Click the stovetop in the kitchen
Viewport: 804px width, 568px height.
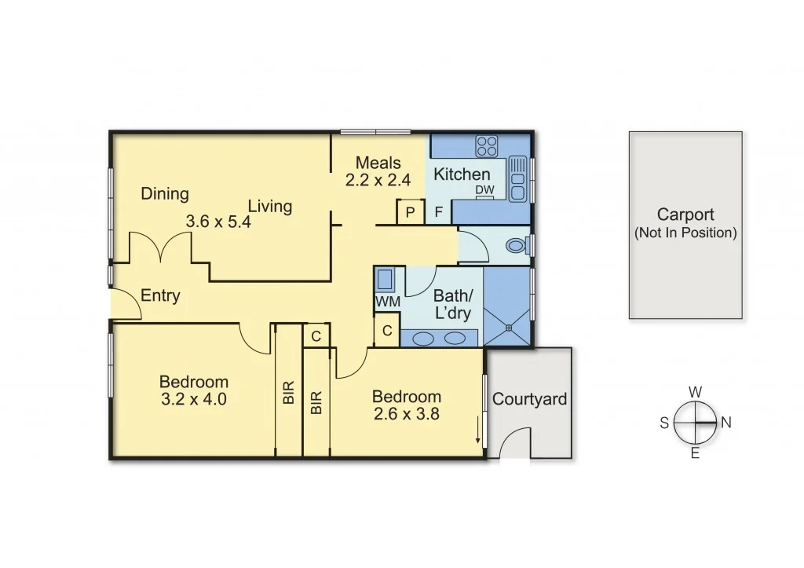[487, 146]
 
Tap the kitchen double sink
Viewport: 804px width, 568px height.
[517, 179]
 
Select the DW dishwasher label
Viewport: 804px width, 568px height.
[484, 190]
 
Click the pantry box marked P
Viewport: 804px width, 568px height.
[410, 212]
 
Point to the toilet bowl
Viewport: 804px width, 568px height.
[516, 246]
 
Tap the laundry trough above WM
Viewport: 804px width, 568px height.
[386, 280]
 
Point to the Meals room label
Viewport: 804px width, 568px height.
[378, 163]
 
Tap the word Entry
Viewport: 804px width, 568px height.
[160, 296]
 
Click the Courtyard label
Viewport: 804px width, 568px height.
[529, 399]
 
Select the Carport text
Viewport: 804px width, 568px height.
[685, 214]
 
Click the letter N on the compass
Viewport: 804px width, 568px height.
[726, 423]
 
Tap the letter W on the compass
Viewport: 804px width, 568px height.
[695, 391]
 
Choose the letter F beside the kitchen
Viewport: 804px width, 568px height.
[439, 212]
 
